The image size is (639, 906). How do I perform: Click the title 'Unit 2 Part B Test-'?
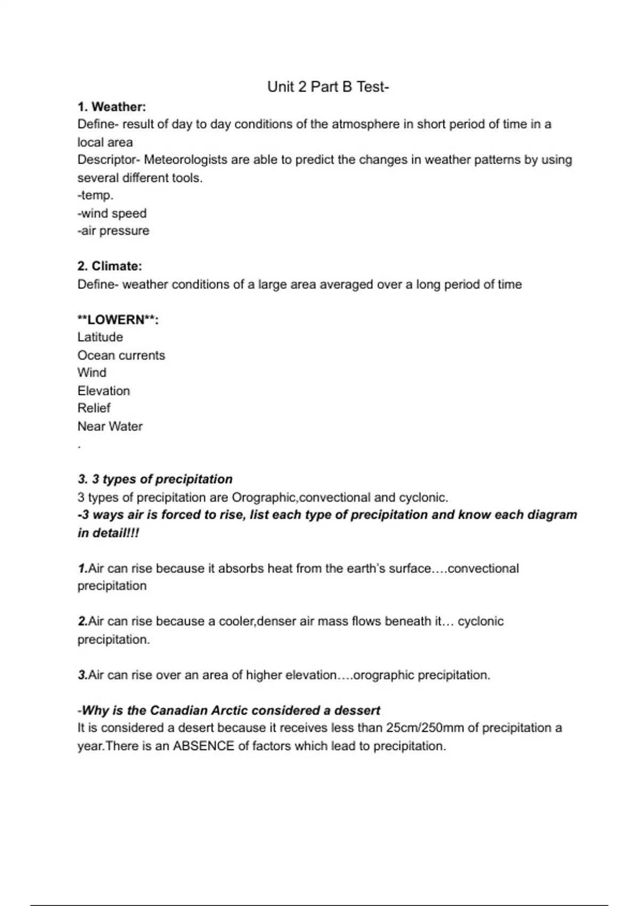[328, 87]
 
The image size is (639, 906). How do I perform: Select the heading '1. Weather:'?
[112, 107]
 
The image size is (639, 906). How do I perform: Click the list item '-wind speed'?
[112, 213]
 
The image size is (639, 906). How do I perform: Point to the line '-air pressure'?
[113, 231]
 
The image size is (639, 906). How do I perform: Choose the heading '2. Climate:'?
[110, 266]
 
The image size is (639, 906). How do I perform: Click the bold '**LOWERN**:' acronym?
[118, 320]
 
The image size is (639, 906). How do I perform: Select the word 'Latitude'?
[100, 337]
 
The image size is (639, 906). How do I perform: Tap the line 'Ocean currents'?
[121, 355]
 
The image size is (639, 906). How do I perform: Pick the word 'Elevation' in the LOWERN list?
[104, 391]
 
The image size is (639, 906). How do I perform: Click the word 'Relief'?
[94, 408]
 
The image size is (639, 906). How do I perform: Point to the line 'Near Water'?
[110, 426]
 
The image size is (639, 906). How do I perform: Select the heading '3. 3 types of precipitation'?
[155, 479]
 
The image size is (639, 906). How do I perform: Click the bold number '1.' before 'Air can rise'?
[83, 569]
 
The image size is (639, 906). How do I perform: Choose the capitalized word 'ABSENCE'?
[204, 746]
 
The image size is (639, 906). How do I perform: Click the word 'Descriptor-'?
[108, 160]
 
